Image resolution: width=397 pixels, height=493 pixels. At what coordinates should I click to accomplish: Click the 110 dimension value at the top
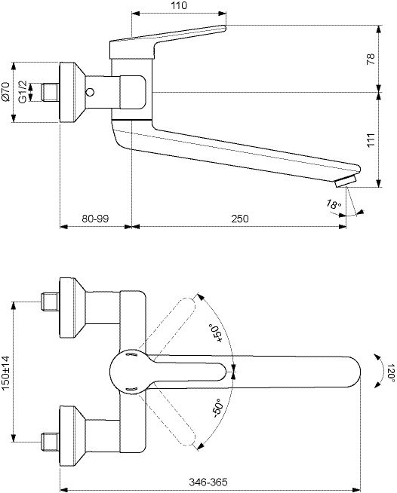[x=180, y=5]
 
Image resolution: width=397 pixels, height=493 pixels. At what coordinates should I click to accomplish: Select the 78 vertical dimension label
[x=371, y=59]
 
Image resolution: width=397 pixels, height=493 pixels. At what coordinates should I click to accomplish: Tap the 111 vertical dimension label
[x=371, y=139]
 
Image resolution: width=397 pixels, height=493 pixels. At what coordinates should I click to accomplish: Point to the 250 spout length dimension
[x=240, y=219]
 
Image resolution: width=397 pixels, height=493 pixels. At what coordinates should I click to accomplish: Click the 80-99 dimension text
[x=95, y=219]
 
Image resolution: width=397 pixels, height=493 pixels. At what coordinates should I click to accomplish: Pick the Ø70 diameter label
[x=6, y=91]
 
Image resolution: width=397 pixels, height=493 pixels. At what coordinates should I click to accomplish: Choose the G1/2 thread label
[x=23, y=91]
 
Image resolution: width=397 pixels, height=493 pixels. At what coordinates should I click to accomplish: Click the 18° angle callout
[x=334, y=204]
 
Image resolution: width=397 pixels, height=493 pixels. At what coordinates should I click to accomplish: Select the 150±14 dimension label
[x=6, y=373]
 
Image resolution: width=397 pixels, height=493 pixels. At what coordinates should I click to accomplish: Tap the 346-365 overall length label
[x=208, y=482]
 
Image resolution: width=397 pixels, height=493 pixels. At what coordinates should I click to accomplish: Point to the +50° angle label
[x=217, y=334]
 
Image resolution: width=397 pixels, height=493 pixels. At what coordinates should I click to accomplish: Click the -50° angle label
[x=217, y=408]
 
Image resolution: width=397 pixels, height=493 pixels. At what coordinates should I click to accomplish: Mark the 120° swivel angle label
[x=391, y=373]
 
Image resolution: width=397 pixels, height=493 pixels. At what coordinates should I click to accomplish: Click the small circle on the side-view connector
[x=90, y=93]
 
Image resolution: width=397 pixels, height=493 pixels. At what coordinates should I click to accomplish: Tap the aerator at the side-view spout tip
[x=346, y=182]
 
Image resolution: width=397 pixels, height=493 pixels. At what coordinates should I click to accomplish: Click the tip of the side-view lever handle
[x=224, y=28]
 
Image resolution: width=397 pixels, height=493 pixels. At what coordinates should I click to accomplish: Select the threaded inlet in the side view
[x=51, y=92]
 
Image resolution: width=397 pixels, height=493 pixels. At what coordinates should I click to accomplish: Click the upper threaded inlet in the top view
[x=51, y=302]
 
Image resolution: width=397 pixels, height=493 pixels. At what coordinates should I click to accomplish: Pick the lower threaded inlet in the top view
[x=51, y=442]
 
